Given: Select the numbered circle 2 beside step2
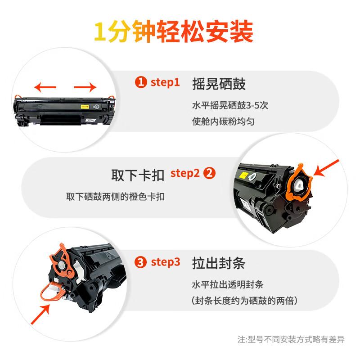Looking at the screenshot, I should point(210,173).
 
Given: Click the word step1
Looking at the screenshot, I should point(165,82).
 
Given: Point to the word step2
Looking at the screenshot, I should point(185,173).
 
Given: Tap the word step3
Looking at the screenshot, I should point(165,262).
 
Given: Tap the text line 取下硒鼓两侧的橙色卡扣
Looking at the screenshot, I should point(118,197).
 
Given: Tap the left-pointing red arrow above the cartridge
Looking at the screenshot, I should point(46,86).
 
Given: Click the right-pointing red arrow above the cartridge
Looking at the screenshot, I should point(85,86).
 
